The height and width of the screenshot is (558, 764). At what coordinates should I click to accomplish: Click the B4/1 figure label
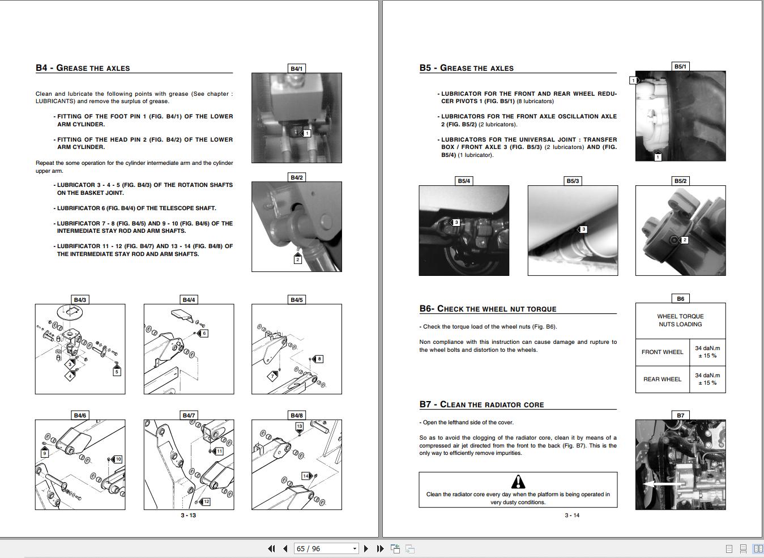coord(296,69)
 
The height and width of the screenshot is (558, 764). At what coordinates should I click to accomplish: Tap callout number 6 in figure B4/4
coord(204,333)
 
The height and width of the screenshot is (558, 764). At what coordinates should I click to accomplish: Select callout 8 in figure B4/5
coord(319,359)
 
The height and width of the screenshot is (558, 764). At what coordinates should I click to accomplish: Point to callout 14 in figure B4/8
coord(306,476)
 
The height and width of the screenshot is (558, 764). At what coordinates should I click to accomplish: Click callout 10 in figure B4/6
coord(118,459)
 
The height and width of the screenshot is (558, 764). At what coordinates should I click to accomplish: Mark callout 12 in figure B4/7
coord(206,501)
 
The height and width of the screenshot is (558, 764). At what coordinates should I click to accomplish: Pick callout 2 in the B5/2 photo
coord(684,240)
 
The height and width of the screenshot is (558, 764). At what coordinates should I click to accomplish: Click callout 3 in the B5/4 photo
coord(456,223)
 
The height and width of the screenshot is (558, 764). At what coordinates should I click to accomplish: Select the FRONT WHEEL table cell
coord(662,352)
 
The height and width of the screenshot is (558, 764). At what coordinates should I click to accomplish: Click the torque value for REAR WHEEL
coord(707,379)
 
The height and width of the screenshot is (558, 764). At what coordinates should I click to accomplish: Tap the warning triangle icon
coord(518,482)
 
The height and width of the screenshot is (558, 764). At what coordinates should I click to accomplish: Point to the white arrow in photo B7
coord(663,484)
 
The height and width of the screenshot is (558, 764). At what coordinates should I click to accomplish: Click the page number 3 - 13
coord(189,515)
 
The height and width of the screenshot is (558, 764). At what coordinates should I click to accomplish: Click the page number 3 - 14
coord(572,515)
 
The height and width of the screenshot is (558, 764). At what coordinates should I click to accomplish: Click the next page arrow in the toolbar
coord(366,548)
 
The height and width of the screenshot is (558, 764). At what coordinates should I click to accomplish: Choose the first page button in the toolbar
coord(271,548)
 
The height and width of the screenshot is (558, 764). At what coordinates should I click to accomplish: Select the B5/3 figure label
coord(573,181)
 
